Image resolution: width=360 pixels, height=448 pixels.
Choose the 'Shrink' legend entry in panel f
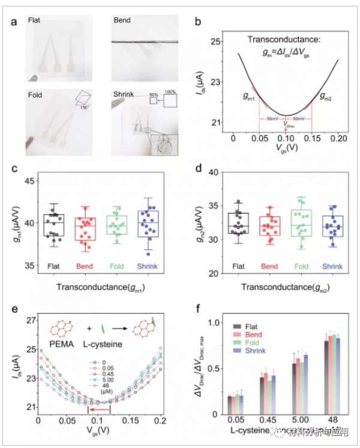pyautogui.click(x=248, y=350)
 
